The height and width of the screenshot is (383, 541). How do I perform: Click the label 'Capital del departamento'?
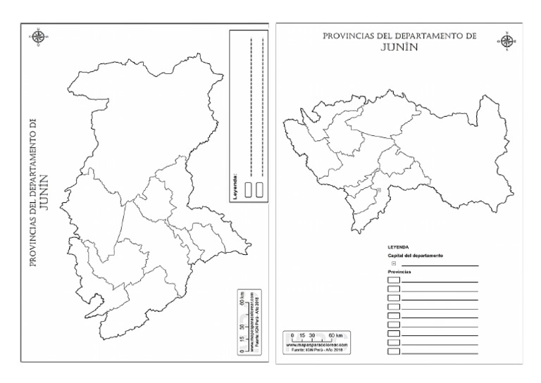(x=415, y=256)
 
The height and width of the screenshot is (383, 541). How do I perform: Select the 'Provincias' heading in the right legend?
(x=399, y=271)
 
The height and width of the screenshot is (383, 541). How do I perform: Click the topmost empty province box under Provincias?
(x=394, y=280)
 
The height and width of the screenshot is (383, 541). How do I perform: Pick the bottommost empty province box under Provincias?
(x=394, y=350)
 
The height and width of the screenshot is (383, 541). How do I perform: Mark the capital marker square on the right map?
(x=378, y=190)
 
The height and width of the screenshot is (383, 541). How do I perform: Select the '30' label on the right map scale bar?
(x=312, y=336)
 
